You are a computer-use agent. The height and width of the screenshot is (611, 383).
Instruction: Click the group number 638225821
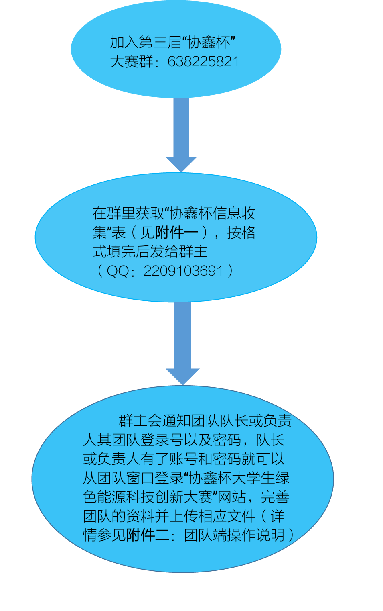[203, 61]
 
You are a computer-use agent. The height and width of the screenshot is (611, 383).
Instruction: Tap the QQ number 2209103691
[183, 271]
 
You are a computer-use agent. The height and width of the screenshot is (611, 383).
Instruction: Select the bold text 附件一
[176, 233]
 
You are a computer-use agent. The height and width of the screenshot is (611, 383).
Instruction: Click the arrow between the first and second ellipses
[181, 135]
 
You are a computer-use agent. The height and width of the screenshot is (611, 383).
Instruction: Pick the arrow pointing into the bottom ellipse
[182, 344]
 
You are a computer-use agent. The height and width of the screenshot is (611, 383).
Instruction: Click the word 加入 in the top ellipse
[124, 42]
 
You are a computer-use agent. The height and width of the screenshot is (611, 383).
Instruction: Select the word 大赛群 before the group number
[132, 61]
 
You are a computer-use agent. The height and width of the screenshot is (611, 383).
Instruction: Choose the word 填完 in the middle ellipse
[121, 251]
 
